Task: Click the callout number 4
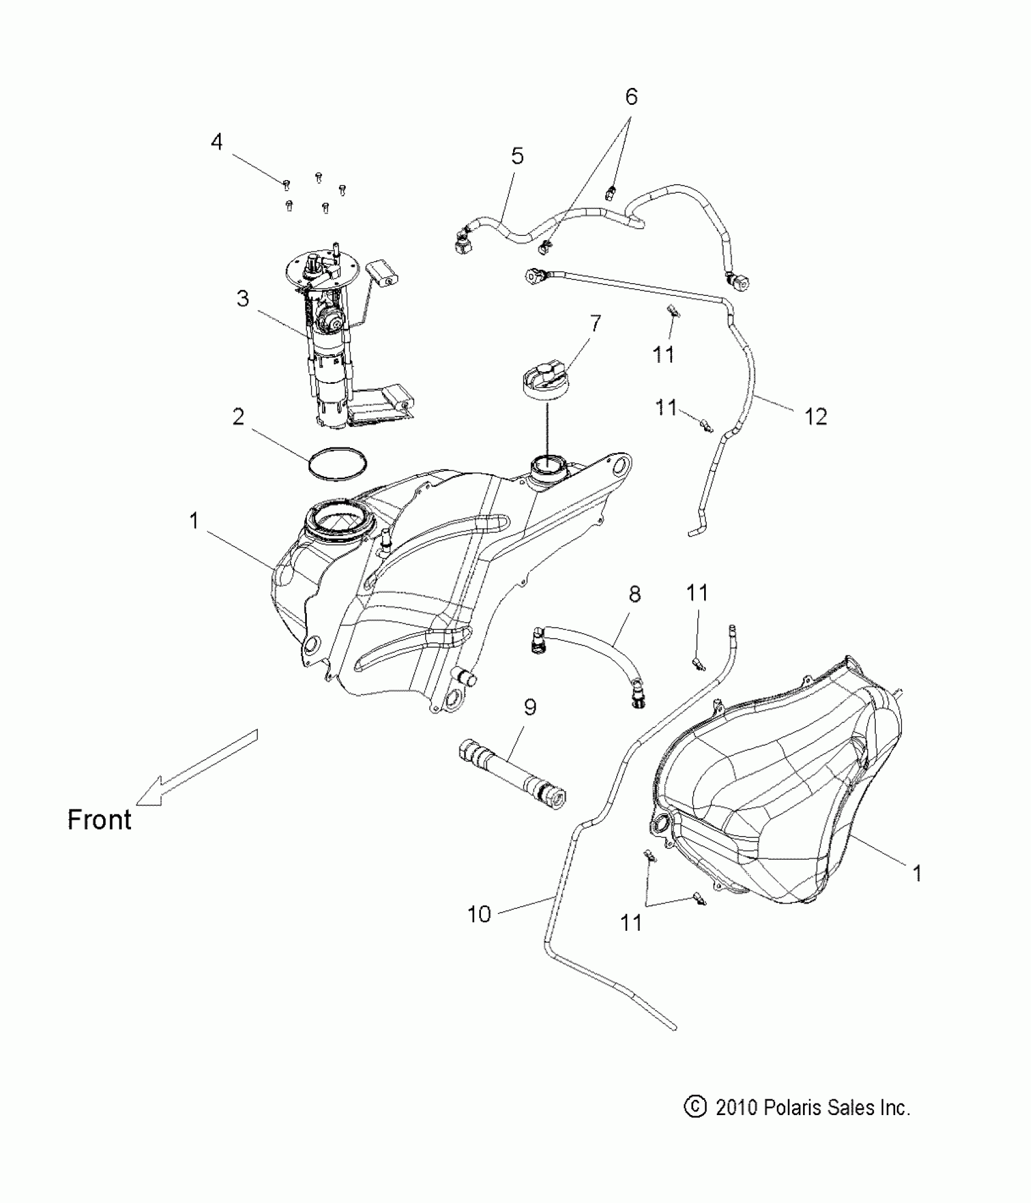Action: (217, 142)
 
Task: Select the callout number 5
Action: (517, 156)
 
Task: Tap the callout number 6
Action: (631, 96)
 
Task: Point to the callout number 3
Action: (243, 298)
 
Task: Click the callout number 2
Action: (238, 417)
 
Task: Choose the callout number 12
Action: (816, 417)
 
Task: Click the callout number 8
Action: (634, 594)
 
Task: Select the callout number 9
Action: (530, 707)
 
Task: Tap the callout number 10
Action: (479, 914)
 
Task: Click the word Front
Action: (99, 820)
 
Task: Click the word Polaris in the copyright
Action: (788, 1108)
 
